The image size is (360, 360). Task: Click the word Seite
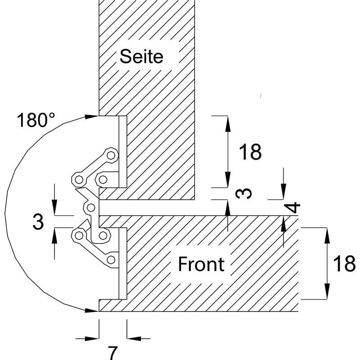click(141, 56)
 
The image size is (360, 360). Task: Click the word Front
click(201, 264)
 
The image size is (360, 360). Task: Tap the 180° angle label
click(36, 120)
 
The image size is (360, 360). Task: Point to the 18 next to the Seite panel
click(250, 152)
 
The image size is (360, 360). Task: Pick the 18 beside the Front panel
click(344, 264)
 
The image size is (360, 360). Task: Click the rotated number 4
click(294, 207)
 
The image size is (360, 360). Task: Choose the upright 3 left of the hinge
click(38, 221)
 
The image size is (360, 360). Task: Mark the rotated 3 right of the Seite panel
click(243, 193)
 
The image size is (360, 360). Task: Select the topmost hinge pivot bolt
click(111, 155)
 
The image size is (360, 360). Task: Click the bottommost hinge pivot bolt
click(111, 260)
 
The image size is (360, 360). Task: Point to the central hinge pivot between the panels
click(91, 207)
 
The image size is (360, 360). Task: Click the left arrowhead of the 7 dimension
click(92, 338)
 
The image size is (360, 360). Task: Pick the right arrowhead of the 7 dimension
click(134, 338)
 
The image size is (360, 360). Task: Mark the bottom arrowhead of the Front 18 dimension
click(327, 291)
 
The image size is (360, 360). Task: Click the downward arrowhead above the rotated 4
click(283, 192)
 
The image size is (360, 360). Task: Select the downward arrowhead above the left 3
click(54, 207)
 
